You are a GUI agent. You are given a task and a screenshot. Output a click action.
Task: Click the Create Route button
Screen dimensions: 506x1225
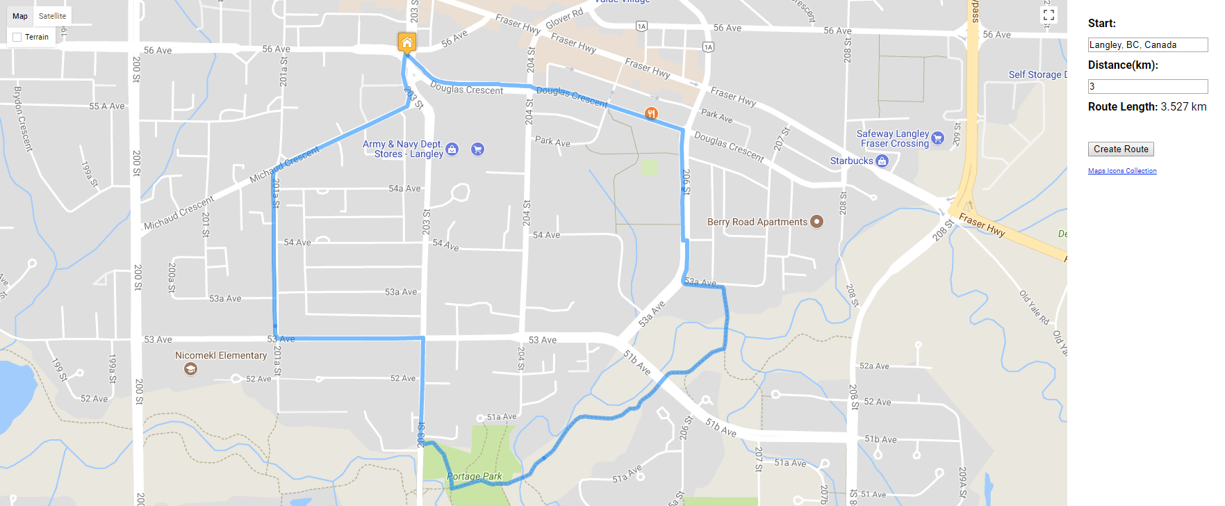[1121, 149]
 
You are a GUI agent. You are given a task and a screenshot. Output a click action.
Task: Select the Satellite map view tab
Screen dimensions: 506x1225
[52, 16]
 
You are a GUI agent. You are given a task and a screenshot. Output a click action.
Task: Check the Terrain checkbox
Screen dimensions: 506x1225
[17, 37]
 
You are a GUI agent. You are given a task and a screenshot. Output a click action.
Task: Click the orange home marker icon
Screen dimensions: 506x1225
[407, 42]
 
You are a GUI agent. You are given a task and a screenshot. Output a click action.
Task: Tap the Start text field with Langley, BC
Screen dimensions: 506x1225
[1147, 44]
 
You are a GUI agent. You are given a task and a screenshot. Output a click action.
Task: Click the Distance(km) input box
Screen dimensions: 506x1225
[1147, 86]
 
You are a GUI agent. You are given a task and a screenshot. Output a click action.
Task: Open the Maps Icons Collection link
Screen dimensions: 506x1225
[1122, 171]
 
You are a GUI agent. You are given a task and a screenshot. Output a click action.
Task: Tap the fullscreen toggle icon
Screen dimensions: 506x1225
[1049, 15]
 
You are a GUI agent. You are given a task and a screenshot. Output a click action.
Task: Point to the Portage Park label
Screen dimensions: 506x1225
[475, 476]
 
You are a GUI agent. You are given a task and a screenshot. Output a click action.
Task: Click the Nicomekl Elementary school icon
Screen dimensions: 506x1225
[190, 369]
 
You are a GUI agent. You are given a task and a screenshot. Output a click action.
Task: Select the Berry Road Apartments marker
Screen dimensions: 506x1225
[817, 222]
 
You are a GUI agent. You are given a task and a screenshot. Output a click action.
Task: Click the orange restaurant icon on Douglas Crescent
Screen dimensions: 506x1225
[651, 113]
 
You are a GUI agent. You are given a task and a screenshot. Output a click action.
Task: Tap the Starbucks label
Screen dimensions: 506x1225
[851, 161]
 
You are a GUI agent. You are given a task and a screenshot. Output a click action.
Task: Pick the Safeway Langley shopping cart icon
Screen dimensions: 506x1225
[937, 138]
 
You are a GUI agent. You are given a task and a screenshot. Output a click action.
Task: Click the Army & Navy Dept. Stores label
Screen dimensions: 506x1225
[402, 149]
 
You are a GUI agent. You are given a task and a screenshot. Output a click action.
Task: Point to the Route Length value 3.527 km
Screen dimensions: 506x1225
[1183, 106]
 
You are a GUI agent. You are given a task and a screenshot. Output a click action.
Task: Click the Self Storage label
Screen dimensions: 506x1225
[1035, 74]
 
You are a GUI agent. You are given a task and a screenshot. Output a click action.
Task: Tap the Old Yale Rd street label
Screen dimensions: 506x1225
[1034, 307]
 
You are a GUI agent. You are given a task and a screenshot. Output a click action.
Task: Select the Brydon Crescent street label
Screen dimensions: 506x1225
[23, 118]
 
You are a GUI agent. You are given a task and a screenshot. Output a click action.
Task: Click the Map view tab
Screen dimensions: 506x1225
[20, 16]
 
